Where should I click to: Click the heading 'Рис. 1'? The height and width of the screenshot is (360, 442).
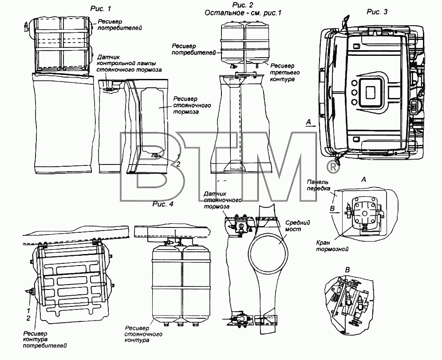101,9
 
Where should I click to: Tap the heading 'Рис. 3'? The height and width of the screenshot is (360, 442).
377,12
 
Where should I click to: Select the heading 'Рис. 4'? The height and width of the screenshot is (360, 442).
163,204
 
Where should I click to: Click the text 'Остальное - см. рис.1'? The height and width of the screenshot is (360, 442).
243,13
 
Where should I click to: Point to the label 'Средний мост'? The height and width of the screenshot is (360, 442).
298,226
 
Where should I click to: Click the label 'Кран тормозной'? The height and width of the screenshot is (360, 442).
332,246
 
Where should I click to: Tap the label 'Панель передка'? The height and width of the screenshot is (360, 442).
319,185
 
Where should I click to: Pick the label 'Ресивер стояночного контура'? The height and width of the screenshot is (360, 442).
143,334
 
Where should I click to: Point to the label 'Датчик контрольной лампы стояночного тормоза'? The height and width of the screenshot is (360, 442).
129,63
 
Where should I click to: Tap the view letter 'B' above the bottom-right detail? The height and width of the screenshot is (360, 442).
347,270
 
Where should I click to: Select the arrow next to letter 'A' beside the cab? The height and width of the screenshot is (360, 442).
311,126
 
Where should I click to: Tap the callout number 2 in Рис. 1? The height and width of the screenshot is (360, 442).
178,164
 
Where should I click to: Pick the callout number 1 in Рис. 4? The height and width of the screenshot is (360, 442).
28,311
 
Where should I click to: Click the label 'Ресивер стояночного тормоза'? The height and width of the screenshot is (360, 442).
192,106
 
